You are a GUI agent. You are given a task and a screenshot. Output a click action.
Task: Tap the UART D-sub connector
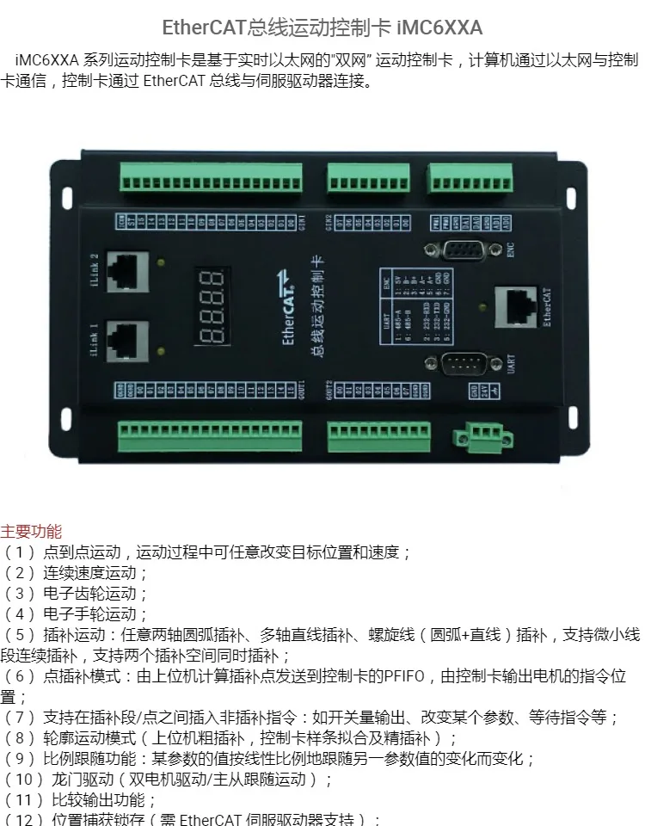click(x=465, y=364)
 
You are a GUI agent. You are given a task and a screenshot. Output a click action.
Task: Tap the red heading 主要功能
click(x=32, y=532)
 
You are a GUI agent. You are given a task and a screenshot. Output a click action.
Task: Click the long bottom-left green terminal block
click(x=210, y=436)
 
